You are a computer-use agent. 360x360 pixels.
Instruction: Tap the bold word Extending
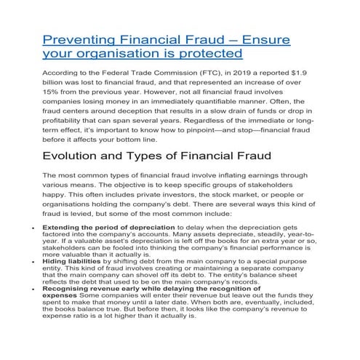click(x=65, y=249)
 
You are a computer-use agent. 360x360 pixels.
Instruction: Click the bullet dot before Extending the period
click(x=36, y=249)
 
